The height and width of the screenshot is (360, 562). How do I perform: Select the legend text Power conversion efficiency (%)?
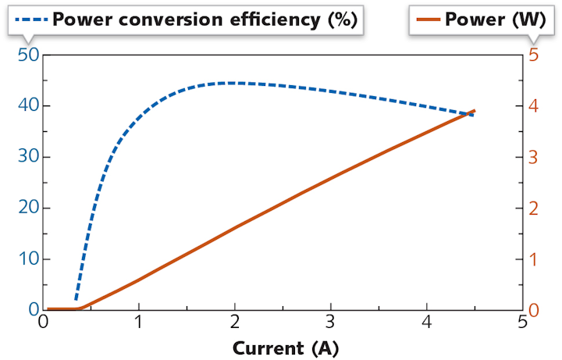[205, 20]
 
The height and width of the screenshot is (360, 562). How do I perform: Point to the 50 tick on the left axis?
[28, 55]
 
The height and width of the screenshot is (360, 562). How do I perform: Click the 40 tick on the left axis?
[28, 106]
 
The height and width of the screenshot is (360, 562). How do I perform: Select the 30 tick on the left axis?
[28, 157]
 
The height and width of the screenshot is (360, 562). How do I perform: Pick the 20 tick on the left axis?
[28, 209]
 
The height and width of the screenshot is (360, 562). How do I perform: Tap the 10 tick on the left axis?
[28, 259]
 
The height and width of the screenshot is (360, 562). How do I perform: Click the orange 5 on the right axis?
[533, 55]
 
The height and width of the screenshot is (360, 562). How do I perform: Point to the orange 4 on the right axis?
[533, 106]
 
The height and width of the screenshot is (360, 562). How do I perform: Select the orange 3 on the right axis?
[533, 157]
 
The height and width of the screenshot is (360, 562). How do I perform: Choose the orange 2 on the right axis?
[533, 209]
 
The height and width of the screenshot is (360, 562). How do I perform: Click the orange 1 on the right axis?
[533, 259]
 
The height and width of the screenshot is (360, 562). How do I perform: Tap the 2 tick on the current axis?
[235, 323]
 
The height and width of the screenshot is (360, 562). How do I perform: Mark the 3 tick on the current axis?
[331, 323]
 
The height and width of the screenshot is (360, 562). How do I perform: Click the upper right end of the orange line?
[474, 111]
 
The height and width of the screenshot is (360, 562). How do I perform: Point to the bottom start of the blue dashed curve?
[76, 298]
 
